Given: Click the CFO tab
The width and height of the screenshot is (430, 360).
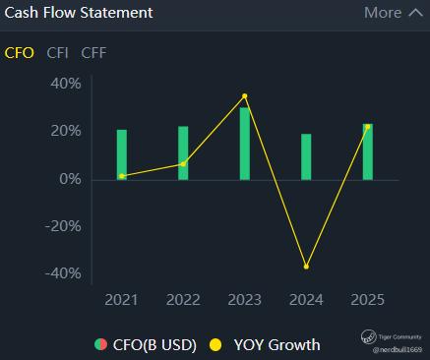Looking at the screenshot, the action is pos(19,53).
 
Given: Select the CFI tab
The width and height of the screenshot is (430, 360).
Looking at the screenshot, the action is pos(57,53).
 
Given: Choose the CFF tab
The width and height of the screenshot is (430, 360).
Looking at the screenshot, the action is pos(93,53).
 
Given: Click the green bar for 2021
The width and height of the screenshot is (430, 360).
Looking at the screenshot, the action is pos(122,154).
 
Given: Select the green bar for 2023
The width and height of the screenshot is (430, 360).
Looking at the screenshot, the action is pos(245,144).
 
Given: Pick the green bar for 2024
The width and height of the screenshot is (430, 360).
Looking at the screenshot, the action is pos(306,156).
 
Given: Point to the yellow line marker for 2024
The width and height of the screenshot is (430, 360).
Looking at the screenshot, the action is pos(306,267).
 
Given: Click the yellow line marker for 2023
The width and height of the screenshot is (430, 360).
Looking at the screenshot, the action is pos(245,96).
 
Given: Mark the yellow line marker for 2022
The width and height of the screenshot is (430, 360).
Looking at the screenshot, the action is pos(183,164).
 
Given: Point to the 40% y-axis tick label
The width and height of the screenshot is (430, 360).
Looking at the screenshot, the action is pos(66,84).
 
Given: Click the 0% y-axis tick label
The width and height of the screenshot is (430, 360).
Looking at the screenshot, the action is pos(70,179).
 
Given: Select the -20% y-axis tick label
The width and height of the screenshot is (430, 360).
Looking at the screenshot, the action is pos(63,226).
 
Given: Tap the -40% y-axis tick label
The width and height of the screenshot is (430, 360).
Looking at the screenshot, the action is pos(63,273).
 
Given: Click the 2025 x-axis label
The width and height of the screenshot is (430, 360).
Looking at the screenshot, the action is pos(367,300).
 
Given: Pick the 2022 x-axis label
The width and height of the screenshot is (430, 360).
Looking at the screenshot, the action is pos(183,300).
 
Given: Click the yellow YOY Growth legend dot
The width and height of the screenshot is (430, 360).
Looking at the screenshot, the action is pos(215,345).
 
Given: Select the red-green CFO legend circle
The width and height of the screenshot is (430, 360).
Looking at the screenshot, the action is pos(100,344).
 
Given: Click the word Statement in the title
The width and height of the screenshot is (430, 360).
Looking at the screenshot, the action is pos(116,13).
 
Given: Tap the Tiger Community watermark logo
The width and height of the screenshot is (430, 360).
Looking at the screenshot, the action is pos(368,336).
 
